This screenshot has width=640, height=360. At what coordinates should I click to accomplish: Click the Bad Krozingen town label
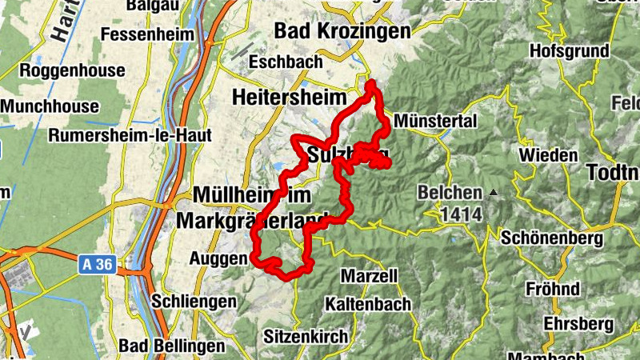pyautogui.click(x=342, y=30)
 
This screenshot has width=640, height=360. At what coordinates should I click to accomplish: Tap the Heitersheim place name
pyautogui.click(x=289, y=97)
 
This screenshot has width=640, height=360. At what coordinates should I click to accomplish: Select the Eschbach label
pyautogui.click(x=286, y=62)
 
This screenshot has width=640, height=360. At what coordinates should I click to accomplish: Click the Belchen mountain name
pyautogui.click(x=450, y=193)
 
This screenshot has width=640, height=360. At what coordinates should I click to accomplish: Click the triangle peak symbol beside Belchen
pyautogui.click(x=494, y=193)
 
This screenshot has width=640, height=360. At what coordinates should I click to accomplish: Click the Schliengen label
pyautogui.click(x=194, y=302)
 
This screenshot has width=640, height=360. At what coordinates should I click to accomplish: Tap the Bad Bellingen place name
pyautogui.click(x=172, y=346)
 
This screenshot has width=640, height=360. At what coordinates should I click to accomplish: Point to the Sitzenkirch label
pyautogui.click(x=306, y=336)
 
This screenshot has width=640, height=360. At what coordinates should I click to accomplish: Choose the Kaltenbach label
pyautogui.click(x=367, y=304)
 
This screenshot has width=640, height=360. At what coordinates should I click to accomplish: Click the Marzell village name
pyautogui.click(x=369, y=276)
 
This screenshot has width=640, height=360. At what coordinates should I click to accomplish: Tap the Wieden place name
pyautogui.click(x=548, y=154)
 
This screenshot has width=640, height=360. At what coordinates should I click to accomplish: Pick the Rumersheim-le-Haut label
pyautogui.click(x=130, y=135)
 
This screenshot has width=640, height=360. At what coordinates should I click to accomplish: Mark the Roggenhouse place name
pyautogui.click(x=73, y=70)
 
